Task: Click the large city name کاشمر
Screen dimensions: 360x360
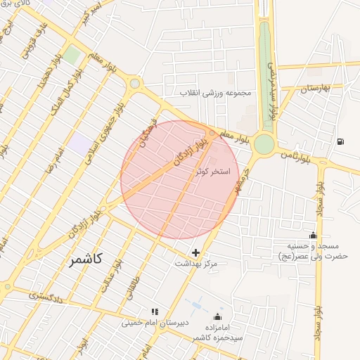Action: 86,260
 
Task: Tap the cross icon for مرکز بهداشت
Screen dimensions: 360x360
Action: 195,252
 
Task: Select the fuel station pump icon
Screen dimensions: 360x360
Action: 341,141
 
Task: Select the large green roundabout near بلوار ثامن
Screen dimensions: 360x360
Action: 264,144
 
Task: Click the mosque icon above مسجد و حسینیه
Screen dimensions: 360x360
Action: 313,236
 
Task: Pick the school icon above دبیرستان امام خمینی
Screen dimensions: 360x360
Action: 155,311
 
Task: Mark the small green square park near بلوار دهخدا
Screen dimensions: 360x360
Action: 72,55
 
